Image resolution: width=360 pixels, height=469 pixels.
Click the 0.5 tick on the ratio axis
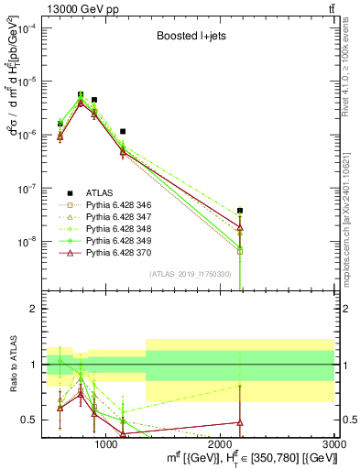tap(33, 420)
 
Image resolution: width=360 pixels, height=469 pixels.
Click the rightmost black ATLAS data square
tap(240, 211)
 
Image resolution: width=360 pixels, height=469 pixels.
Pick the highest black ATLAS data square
tap(81, 94)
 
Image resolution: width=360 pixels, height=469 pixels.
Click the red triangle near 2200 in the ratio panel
tap(240, 422)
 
